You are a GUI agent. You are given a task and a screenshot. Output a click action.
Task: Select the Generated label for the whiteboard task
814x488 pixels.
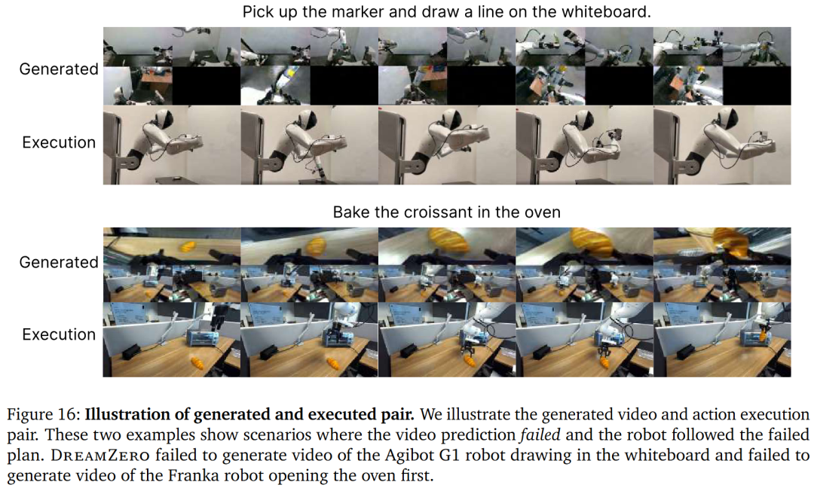pos(59,69)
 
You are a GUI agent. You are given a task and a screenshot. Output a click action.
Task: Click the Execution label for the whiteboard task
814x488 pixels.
pos(59,142)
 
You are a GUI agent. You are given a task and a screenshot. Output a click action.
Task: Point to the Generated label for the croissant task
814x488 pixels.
pos(59,262)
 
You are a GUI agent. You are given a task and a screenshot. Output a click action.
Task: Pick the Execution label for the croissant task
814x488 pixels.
pos(59,334)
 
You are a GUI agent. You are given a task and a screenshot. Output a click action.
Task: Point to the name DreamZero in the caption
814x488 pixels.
pos(99,456)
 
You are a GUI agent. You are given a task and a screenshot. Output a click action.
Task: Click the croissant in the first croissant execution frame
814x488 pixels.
pos(197,362)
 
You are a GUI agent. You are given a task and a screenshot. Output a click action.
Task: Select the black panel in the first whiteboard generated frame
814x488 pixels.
pos(206,86)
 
